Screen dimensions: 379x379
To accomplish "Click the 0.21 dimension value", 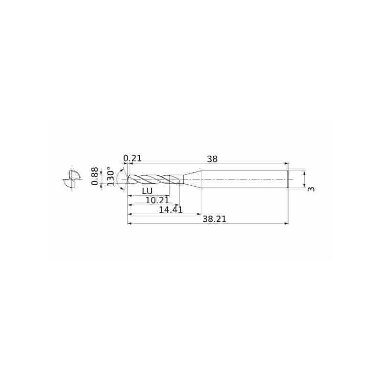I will pos(133,158).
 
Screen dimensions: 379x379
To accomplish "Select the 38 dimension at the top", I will pos(212,159).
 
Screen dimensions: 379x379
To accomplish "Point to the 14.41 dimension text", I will pos(171,209).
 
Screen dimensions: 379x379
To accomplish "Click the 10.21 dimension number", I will pos(157,200).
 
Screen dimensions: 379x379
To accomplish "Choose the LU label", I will pos(147,191).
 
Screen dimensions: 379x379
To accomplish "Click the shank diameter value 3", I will pos(311,189).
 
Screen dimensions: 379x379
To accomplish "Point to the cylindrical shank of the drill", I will pos(244,180).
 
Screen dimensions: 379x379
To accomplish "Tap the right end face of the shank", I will pos(288,180).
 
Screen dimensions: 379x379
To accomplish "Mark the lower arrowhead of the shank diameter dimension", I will pos(304,186).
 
